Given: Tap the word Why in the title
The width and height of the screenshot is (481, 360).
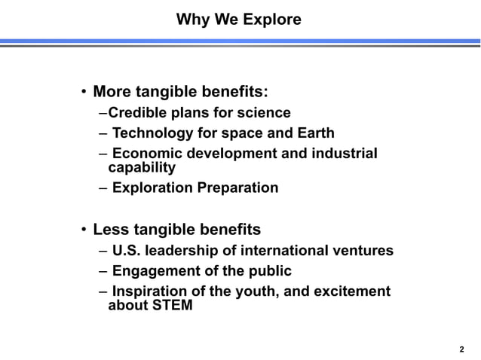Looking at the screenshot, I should tap(191, 19).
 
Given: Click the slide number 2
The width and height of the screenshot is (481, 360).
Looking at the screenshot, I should tap(461, 349).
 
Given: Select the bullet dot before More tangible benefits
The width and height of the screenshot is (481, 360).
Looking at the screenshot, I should tap(84, 94).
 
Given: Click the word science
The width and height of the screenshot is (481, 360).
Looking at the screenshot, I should tap(265, 114).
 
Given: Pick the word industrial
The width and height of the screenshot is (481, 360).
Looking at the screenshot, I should tap(343, 154).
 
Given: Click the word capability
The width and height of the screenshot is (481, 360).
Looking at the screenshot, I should tap(142, 167).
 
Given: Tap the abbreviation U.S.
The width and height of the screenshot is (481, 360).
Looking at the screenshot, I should tap(127, 251).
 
